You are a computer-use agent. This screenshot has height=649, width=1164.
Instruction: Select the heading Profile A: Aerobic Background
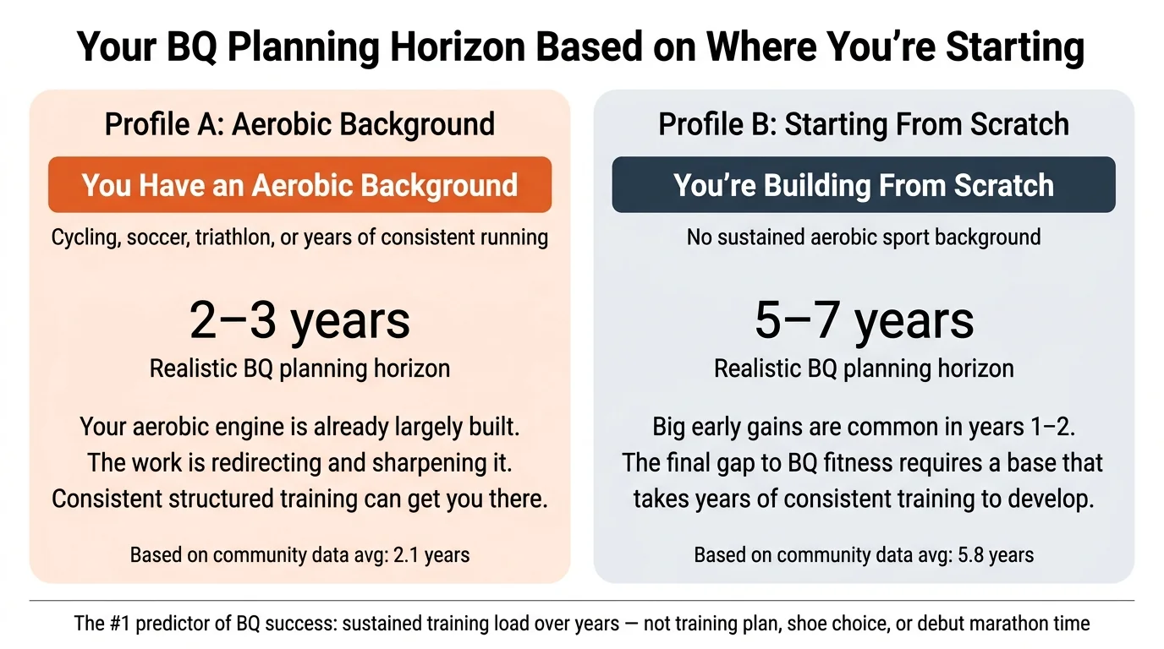coord(299,124)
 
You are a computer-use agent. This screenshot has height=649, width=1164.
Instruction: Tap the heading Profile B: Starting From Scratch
coord(864,124)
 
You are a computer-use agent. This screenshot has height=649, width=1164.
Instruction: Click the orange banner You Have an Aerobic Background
coord(299,185)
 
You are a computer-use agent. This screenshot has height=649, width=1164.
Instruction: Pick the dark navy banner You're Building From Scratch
coord(864,185)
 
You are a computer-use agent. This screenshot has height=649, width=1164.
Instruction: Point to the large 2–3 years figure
coord(299,320)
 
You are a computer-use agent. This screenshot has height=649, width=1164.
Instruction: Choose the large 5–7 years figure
coord(864,320)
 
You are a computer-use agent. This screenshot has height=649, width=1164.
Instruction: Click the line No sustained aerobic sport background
coord(864,237)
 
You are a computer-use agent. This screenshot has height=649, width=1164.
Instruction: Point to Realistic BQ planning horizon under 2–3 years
coord(299,368)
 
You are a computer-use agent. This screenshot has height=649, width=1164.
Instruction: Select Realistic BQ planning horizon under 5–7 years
coord(864,368)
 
